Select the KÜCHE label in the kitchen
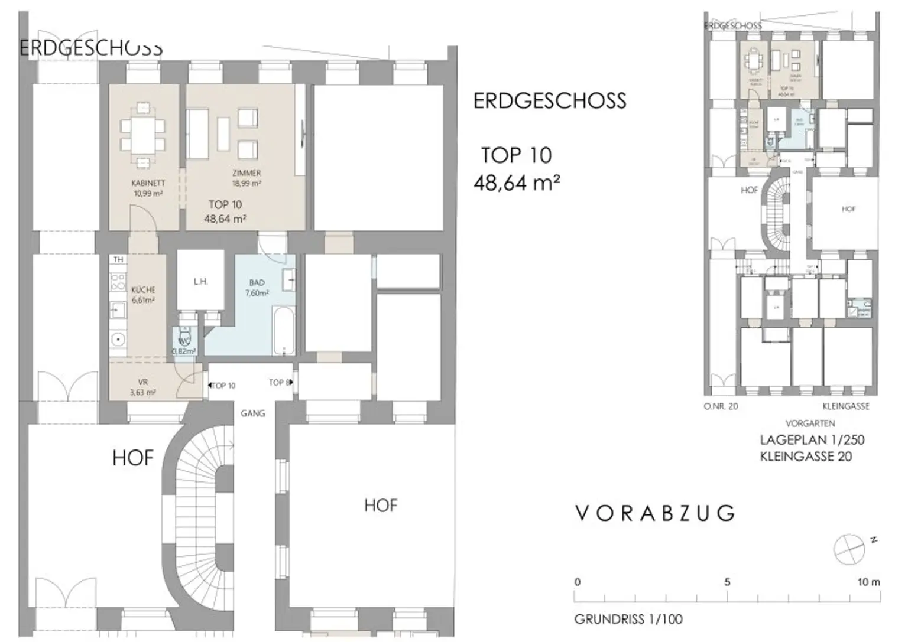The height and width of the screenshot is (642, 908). pyautogui.click(x=143, y=289)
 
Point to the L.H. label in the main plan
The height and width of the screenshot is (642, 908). pyautogui.click(x=200, y=282)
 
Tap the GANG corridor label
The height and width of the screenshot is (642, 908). pyautogui.click(x=252, y=413)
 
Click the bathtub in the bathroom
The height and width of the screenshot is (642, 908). pyautogui.click(x=283, y=330)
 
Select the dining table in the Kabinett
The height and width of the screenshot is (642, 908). pyautogui.click(x=142, y=135)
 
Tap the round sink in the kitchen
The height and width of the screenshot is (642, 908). pyautogui.click(x=118, y=340)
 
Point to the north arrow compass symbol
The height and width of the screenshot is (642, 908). pyautogui.click(x=849, y=549)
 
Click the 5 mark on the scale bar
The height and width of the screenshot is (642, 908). pyautogui.click(x=727, y=582)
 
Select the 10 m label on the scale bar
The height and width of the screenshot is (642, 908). pyautogui.click(x=868, y=582)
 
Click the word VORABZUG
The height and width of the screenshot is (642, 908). pyautogui.click(x=655, y=513)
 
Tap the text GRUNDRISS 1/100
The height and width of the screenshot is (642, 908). pyautogui.click(x=628, y=619)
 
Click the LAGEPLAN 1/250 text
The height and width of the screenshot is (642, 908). pyautogui.click(x=812, y=440)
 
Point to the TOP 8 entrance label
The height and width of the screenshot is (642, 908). pyautogui.click(x=279, y=383)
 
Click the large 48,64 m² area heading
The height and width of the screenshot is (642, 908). pyautogui.click(x=517, y=183)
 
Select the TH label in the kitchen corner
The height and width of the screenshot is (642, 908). pyautogui.click(x=118, y=259)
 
